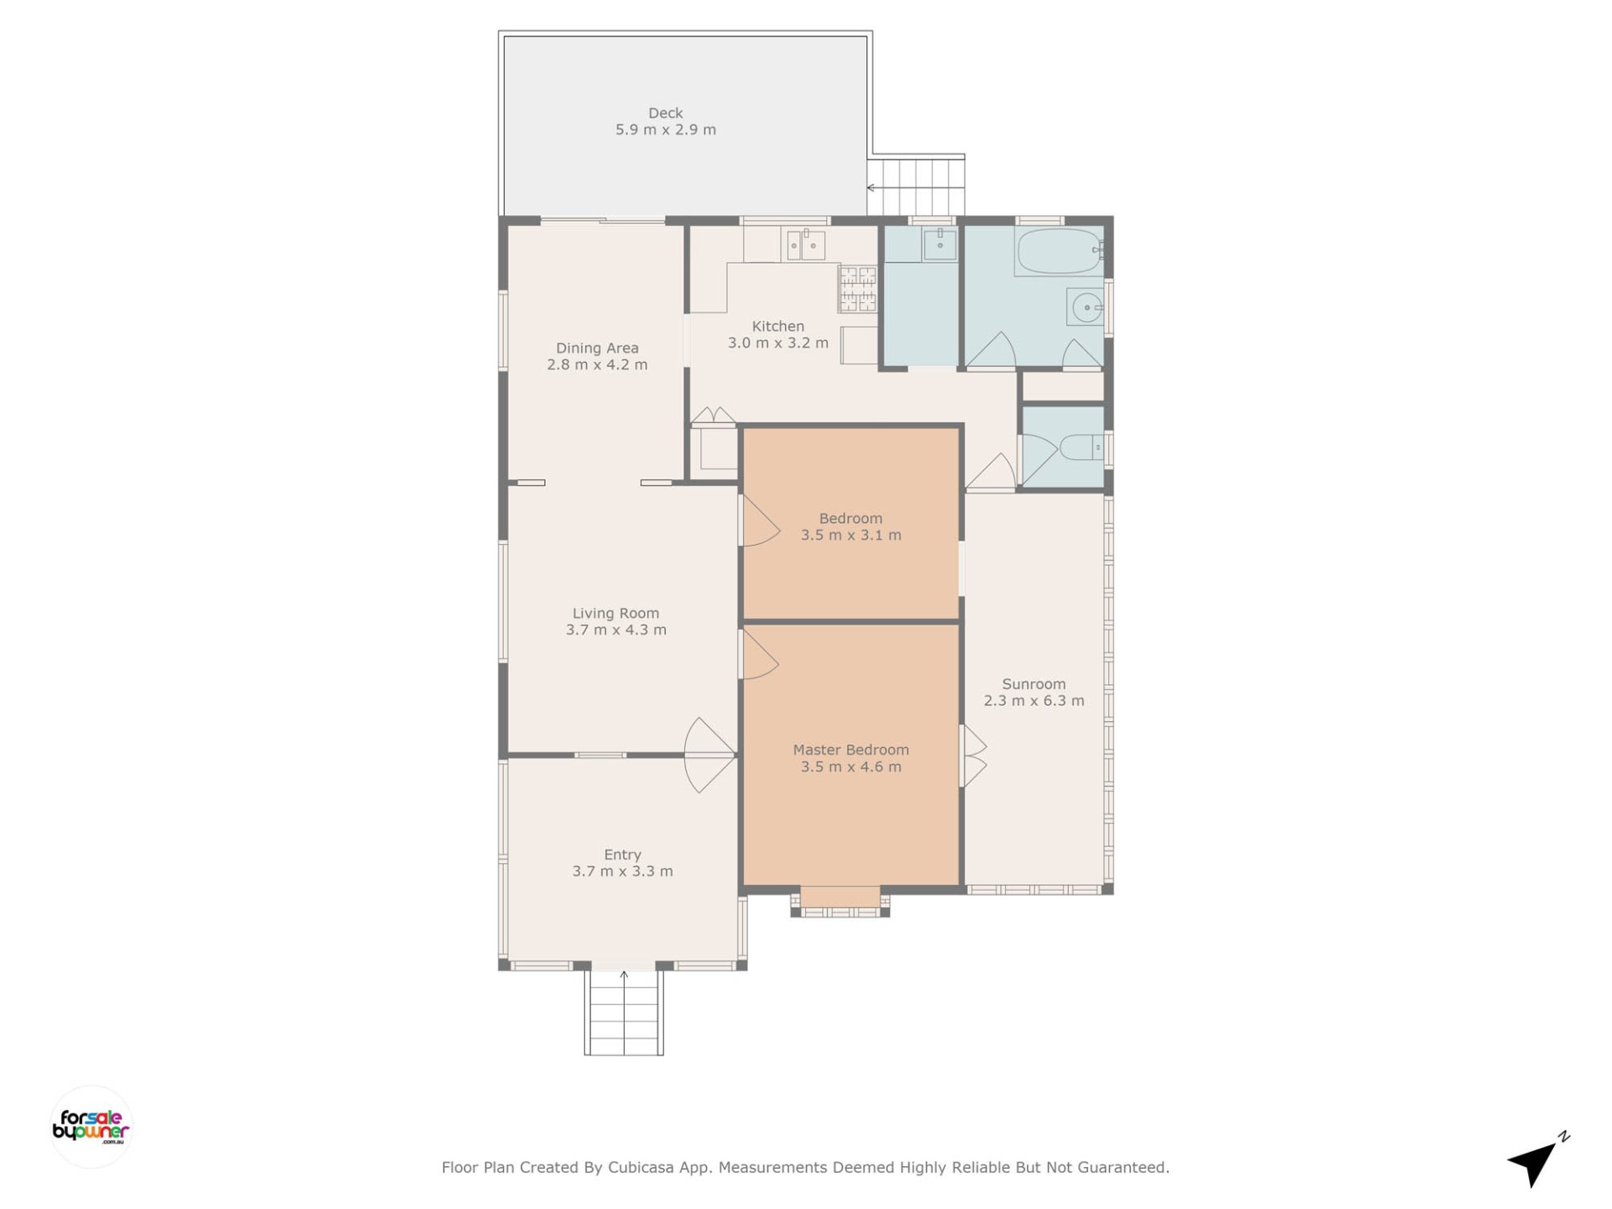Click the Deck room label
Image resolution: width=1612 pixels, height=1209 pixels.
pos(665,113)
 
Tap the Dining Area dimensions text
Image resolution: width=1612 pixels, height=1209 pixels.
pos(597,365)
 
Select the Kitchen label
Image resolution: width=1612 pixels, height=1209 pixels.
pos(777,327)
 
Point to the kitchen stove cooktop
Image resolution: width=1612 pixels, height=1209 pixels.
pos(858,288)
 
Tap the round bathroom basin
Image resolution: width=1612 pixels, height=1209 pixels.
pos(1086,308)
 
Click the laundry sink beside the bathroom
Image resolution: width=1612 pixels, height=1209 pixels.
pos(939,244)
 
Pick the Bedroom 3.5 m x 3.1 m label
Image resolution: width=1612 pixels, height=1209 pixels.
pos(850,527)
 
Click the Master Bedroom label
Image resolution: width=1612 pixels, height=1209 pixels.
pos(850,751)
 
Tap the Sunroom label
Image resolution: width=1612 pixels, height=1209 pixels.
pos(1034,684)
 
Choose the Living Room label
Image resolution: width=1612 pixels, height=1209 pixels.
pos(615,614)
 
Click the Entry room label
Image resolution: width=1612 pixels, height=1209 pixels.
pos(622,855)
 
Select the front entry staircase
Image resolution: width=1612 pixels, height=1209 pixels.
pos(624,1013)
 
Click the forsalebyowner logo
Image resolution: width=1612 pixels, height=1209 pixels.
pos(92,1127)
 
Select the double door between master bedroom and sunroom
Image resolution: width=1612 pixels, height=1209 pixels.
pos(974,756)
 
